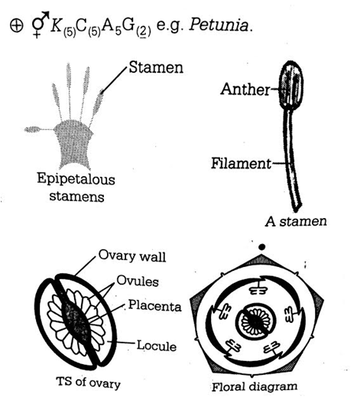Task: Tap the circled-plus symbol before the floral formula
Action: click(16, 25)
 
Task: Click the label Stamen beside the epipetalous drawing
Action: click(156, 67)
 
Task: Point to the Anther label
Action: click(245, 89)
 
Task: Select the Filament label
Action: click(241, 163)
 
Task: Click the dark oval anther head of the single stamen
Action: click(291, 85)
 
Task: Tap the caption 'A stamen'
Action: click(296, 221)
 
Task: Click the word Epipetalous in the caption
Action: click(76, 179)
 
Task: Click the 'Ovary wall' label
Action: click(132, 255)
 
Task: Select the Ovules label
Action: click(138, 281)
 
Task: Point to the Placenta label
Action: click(154, 305)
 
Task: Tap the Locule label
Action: click(157, 346)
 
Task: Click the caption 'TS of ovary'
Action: click(88, 382)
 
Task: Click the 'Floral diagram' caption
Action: click(255, 386)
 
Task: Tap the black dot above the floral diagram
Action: click(261, 247)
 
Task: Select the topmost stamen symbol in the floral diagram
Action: click(258, 288)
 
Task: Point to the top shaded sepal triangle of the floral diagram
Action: click(261, 261)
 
